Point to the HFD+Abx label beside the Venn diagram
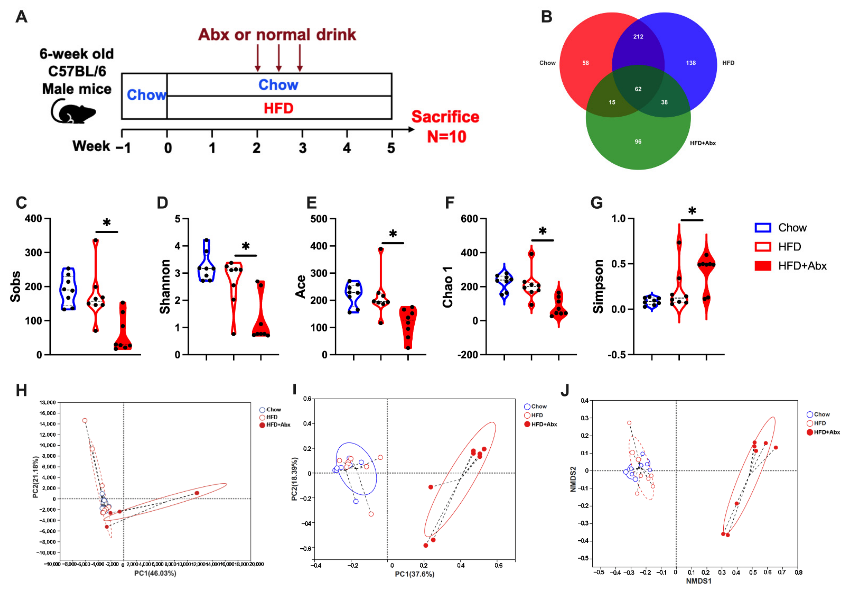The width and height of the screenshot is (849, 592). (703, 143)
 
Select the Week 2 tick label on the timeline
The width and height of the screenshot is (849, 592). (257, 148)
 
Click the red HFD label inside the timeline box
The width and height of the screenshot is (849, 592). (278, 108)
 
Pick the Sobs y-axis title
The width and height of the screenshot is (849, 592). (16, 286)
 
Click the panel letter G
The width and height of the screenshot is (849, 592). (597, 203)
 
